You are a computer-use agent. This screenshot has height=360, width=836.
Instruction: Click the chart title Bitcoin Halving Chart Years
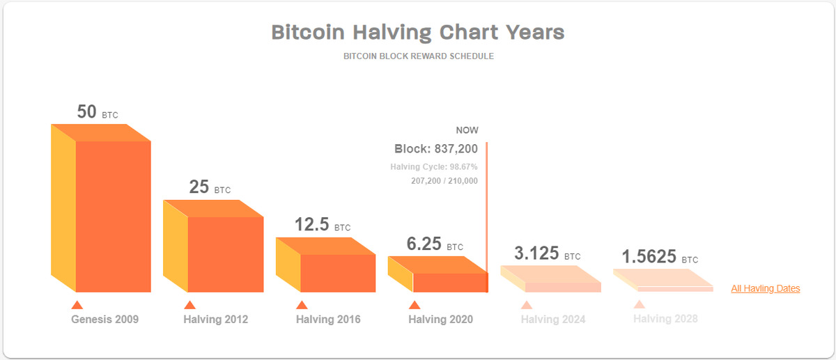[417, 32]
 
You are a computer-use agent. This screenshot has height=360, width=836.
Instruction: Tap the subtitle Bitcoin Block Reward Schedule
[418, 56]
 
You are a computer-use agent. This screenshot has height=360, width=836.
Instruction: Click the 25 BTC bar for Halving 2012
[225, 254]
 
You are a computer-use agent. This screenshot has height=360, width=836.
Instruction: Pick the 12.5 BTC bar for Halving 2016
[338, 272]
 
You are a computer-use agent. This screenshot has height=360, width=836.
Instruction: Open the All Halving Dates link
[765, 288]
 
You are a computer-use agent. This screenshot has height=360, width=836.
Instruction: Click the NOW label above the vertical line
[467, 130]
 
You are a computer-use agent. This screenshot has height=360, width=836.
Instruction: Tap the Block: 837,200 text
[436, 148]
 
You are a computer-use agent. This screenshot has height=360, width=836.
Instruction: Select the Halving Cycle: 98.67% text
[434, 167]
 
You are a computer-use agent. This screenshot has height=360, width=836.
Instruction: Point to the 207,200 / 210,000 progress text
[444, 180]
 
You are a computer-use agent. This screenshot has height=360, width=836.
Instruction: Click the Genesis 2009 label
[104, 320]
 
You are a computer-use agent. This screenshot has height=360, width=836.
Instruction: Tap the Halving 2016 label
[328, 320]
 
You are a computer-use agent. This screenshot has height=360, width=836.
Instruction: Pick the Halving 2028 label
[665, 319]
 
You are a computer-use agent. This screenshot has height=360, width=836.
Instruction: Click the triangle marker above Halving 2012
[189, 304]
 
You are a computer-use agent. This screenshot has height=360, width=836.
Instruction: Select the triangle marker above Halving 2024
[527, 304]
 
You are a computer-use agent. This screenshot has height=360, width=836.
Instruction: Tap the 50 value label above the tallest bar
[87, 111]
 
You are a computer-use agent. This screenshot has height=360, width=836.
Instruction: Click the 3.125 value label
[536, 253]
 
